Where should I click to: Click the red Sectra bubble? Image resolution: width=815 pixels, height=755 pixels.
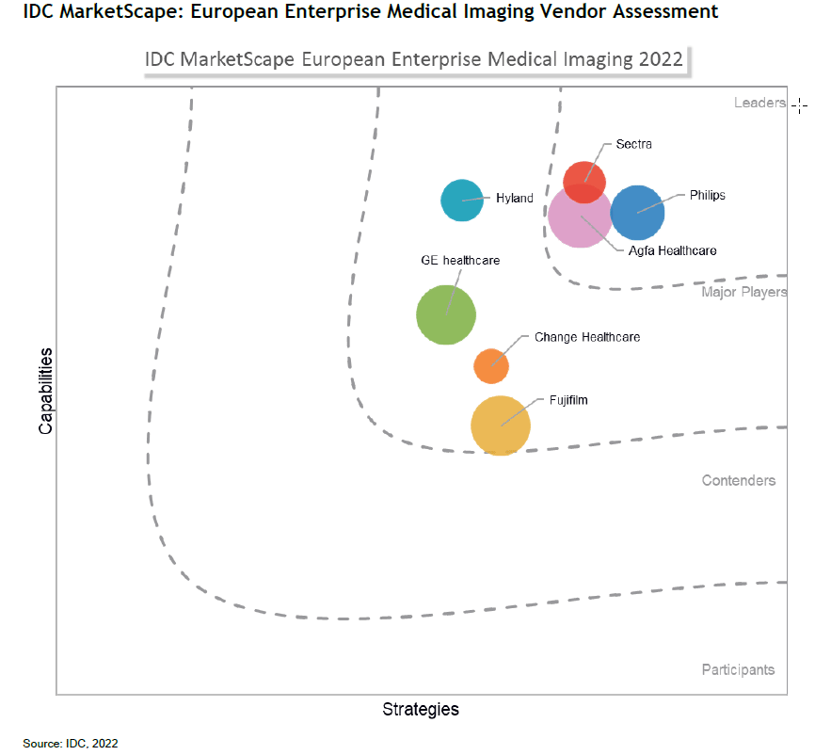584,181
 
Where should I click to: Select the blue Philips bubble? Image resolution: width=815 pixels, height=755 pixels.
638,213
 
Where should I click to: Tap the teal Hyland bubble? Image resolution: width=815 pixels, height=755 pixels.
462,200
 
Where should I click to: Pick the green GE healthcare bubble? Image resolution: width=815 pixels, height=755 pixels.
446,315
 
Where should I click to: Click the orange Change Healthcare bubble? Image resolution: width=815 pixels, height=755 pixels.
491,365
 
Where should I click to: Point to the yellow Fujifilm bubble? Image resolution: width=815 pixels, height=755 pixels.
501,426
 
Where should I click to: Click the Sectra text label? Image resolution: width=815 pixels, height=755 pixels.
633,144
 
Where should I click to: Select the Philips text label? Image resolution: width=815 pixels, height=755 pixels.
708,196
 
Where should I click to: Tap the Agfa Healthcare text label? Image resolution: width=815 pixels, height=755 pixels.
672,250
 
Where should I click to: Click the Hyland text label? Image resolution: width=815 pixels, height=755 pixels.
515,199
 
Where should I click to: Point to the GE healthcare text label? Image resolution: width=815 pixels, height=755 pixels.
460,260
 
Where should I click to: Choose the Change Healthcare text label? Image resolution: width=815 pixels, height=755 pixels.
587,337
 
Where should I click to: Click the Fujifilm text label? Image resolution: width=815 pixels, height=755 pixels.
569,400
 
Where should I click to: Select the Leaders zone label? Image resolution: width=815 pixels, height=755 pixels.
759,103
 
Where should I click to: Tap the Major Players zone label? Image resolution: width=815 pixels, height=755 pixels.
743,292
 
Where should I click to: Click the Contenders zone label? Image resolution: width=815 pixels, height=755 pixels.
739,481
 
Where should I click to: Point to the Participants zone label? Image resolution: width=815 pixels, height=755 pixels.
739,670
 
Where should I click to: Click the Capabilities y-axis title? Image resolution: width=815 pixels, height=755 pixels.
45,390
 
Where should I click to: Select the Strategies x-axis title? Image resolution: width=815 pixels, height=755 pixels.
421,710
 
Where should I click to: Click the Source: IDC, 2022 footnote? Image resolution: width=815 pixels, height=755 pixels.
71,744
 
